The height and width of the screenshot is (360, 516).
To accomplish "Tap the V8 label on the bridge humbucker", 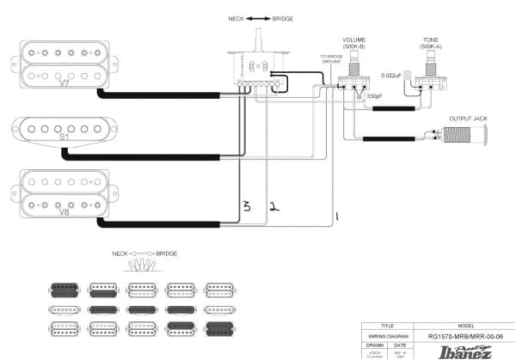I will [64, 209].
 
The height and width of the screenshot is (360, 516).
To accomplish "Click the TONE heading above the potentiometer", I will [430, 40].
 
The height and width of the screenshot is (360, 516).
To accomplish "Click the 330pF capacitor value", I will [374, 96].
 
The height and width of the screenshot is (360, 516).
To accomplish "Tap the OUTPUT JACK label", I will [469, 119].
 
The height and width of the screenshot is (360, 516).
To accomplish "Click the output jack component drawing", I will [460, 133].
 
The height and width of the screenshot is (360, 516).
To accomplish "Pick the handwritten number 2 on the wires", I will [273, 206].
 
